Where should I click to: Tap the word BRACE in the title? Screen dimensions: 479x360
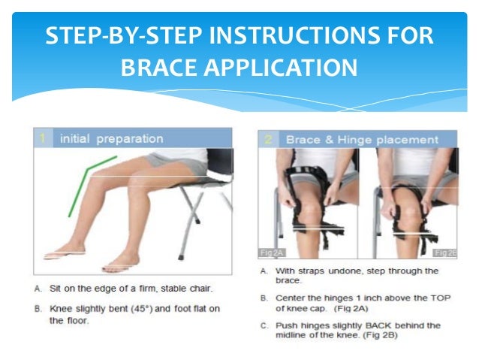pos(159,68)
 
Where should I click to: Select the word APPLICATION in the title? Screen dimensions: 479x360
pos(281,68)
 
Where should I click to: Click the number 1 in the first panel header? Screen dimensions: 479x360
pos(43,138)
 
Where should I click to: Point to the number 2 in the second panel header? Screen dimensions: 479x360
pos(268,140)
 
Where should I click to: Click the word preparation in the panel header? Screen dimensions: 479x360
pos(130,139)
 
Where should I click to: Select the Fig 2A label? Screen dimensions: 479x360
pos(272,253)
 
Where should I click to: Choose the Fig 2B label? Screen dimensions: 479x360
pos(444,253)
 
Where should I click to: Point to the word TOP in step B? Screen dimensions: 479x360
pos(441,298)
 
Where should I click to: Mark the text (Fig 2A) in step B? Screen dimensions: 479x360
pos(351,308)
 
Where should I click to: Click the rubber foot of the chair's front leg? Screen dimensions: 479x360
pos(180,257)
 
